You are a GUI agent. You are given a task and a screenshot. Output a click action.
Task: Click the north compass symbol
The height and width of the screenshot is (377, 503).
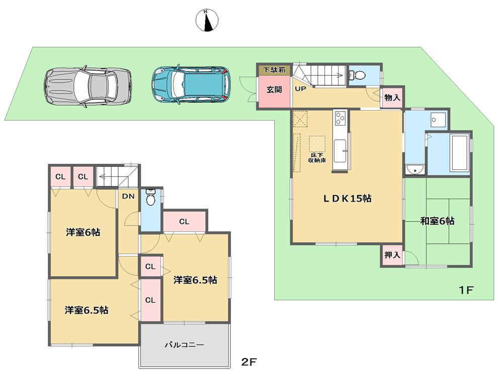click(207, 20)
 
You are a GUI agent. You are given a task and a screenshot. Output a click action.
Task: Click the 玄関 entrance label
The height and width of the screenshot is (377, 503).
click(274, 90)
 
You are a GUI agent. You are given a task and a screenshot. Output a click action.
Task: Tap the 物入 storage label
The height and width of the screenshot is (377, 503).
click(393, 98)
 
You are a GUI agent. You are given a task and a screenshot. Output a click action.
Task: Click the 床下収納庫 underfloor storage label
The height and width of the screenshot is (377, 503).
click(317, 157)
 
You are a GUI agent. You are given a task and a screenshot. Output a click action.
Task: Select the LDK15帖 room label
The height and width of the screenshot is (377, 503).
click(347, 199)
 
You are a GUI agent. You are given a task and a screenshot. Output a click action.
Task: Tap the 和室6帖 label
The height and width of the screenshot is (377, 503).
click(437, 221)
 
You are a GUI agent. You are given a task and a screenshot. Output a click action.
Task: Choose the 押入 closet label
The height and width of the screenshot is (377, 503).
click(392, 255)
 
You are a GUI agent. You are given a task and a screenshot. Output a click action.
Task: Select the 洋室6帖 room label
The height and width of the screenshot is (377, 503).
click(82, 233)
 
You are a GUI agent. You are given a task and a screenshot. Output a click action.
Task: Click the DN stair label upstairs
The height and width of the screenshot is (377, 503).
click(128, 197)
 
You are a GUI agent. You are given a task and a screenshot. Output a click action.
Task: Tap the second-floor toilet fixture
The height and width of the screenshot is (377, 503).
click(150, 199)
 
